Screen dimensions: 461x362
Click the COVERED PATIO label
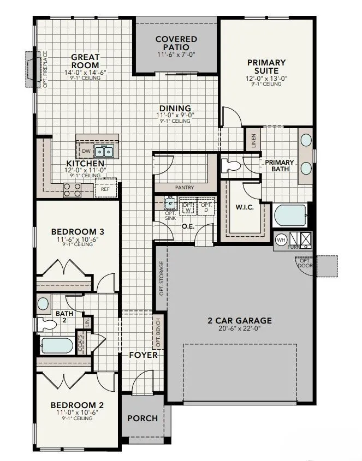click(x=176, y=43)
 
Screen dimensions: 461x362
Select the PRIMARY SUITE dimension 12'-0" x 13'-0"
click(x=266, y=78)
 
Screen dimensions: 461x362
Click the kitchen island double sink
click(x=104, y=151)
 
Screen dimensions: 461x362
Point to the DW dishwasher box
click(x=86, y=151)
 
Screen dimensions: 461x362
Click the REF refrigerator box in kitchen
click(x=105, y=189)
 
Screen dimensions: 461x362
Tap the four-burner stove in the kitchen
click(x=73, y=189)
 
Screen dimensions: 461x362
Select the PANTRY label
click(x=184, y=187)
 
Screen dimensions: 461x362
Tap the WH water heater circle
click(x=281, y=239)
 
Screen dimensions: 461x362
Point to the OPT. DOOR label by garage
click(x=304, y=263)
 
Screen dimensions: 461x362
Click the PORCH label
click(x=142, y=418)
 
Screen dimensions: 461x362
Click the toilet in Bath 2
click(x=49, y=325)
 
